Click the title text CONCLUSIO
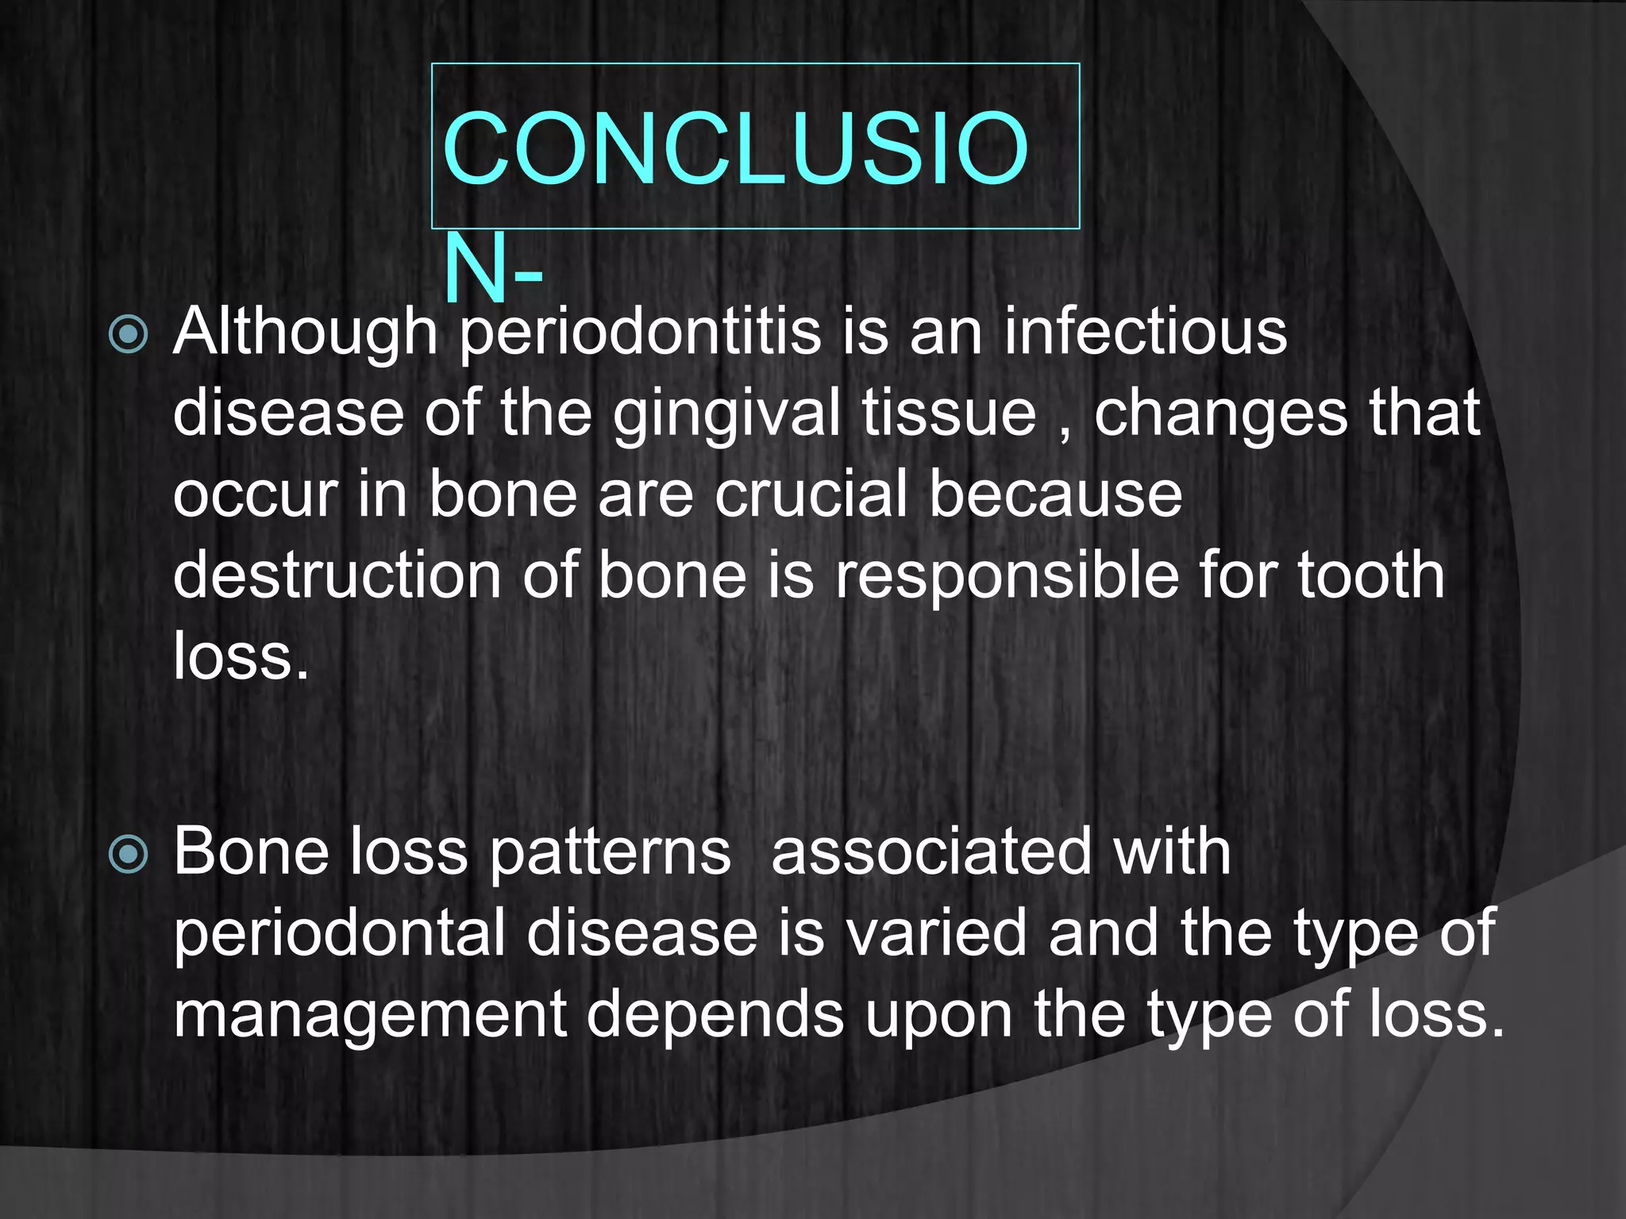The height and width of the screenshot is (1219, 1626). (x=735, y=149)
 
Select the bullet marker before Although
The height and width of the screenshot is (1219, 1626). (x=128, y=334)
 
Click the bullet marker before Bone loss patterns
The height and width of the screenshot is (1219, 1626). (x=128, y=855)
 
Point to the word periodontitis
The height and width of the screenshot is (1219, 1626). (x=640, y=333)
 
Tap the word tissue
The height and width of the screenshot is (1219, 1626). (x=950, y=413)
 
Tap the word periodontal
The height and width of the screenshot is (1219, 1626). (x=339, y=935)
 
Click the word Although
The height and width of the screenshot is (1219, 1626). (x=306, y=333)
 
